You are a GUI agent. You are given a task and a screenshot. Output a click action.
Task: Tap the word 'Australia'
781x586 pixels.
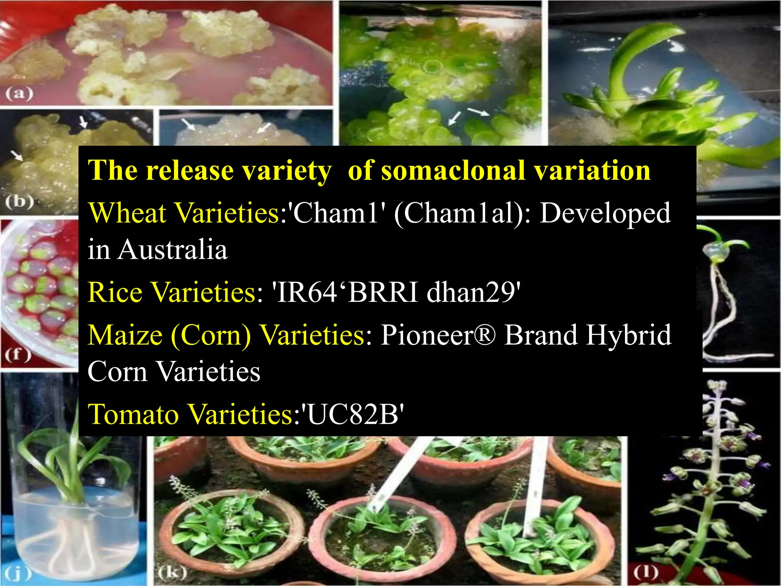172,250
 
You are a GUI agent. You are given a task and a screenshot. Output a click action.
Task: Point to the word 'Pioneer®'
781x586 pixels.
439,335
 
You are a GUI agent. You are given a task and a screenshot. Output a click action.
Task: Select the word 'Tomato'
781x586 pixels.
133,414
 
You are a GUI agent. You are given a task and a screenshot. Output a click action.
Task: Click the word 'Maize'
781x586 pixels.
125,335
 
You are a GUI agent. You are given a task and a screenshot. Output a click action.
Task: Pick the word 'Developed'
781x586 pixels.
605,214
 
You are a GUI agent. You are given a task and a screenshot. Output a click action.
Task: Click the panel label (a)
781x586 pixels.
19,93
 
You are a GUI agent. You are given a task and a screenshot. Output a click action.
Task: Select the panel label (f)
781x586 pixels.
18,355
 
